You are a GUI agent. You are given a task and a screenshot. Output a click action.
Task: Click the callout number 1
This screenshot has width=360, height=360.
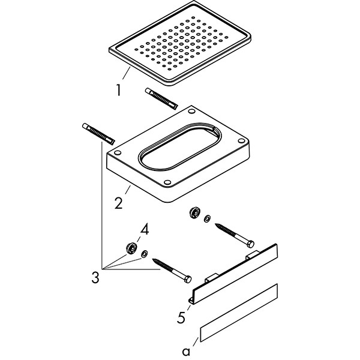[x=118, y=90]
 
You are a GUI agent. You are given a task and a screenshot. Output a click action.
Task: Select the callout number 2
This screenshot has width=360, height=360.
[x=118, y=203]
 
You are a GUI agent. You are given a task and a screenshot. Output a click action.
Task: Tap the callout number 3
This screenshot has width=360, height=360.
[x=95, y=277]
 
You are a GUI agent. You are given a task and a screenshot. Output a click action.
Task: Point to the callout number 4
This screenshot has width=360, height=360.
[x=145, y=230]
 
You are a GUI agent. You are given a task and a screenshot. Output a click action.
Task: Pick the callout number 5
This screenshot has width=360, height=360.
[x=181, y=317]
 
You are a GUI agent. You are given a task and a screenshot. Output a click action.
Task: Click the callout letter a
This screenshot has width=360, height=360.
[x=186, y=351]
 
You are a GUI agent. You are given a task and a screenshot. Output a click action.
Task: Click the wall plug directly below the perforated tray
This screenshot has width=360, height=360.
[x=161, y=99]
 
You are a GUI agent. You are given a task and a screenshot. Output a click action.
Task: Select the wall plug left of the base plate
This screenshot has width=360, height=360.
[x=98, y=134]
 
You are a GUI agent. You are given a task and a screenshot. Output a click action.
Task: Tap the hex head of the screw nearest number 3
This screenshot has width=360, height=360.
[x=188, y=279]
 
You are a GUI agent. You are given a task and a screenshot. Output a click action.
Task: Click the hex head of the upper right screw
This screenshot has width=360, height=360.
[x=251, y=244]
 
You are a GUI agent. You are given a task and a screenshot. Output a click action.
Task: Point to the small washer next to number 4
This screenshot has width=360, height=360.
[x=145, y=254]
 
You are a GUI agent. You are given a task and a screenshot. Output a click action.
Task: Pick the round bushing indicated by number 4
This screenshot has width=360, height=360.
[x=131, y=248]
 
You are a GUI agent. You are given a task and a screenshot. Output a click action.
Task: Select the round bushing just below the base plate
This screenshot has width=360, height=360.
[x=194, y=212]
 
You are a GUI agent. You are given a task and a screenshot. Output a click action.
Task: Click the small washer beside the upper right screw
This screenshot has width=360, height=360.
[x=208, y=218]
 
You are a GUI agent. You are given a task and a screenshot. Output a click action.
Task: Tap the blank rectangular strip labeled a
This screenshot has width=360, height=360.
[x=239, y=313]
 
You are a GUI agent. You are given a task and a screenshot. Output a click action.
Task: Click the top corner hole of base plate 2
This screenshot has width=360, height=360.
[x=191, y=112]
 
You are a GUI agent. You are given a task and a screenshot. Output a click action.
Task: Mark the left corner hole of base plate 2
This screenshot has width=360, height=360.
[x=118, y=152]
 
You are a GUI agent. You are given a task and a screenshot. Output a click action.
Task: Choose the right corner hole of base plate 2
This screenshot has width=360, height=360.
[x=241, y=141]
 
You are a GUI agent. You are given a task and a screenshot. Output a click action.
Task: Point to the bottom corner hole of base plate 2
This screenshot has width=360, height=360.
[x=167, y=182]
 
